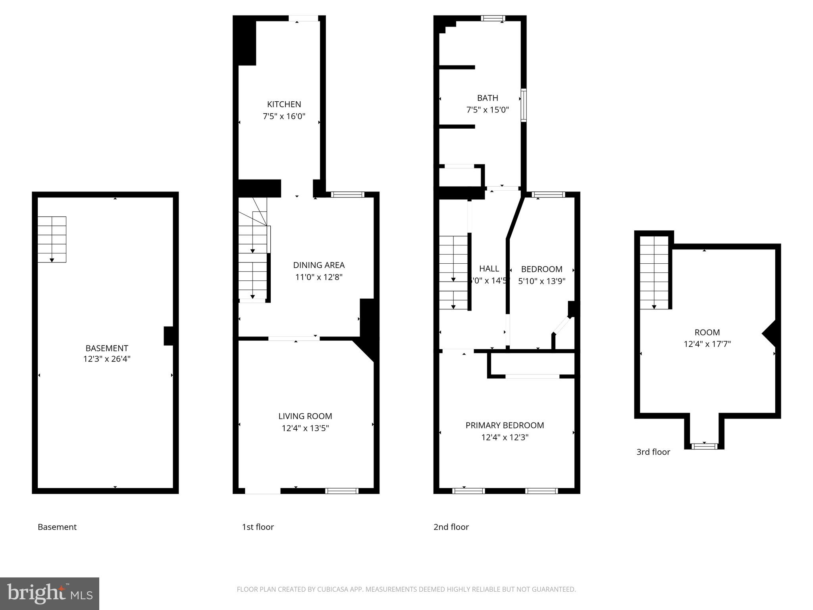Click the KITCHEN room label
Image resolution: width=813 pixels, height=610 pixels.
[x=284, y=104]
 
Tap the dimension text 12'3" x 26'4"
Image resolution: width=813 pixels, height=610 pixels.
[x=107, y=359]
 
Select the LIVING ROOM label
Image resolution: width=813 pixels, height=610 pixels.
[x=305, y=416]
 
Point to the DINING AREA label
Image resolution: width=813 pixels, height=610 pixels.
[x=319, y=265]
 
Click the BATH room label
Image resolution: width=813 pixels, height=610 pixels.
[x=487, y=98]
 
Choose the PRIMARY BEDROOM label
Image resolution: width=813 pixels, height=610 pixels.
[x=505, y=425]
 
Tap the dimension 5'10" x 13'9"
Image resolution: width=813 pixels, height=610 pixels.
[x=541, y=281]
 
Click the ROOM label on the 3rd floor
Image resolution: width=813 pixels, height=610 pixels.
[x=707, y=332]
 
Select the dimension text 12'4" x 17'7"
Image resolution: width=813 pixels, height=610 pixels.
[x=707, y=344]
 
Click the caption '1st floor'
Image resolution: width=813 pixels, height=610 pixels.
[x=258, y=527]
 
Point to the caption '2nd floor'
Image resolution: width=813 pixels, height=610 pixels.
[x=451, y=527]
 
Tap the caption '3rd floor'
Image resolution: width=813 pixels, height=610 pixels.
[x=653, y=452]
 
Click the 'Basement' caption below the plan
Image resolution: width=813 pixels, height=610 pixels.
[x=57, y=527]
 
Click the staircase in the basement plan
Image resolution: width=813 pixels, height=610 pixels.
[x=52, y=239]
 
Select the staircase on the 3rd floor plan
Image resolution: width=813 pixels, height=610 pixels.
[x=654, y=272]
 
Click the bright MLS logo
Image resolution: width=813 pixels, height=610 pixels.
[x=50, y=594]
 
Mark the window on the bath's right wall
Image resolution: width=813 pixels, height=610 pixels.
[x=524, y=105]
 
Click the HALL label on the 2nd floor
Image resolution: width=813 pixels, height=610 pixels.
[x=489, y=269]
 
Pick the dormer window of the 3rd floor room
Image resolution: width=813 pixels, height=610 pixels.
[x=705, y=446]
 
